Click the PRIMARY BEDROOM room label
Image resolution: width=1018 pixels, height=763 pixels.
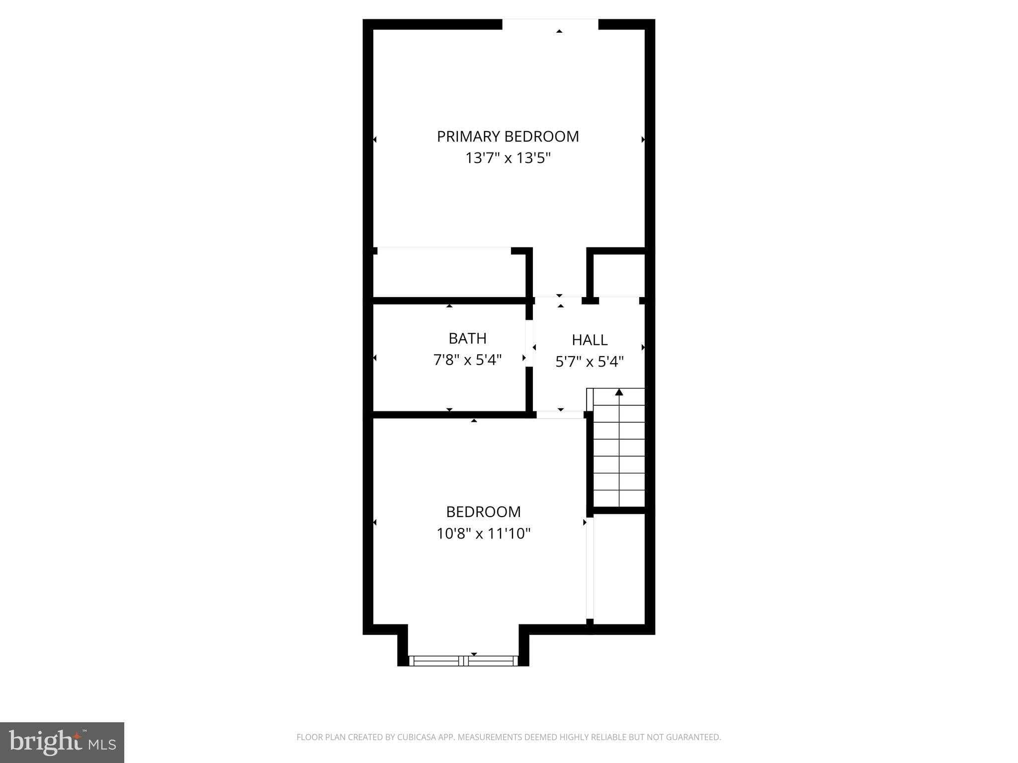[508, 136]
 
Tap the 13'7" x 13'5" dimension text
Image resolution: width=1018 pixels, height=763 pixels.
[508, 158]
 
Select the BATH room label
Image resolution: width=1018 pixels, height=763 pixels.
[467, 338]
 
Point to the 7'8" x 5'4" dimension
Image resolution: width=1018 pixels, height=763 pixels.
[467, 360]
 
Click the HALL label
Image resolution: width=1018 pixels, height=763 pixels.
[590, 340]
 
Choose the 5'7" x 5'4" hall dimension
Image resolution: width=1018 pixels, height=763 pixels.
[590, 362]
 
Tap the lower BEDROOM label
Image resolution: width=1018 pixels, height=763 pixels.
[483, 512]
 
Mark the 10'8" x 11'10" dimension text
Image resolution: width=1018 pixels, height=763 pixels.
[483, 534]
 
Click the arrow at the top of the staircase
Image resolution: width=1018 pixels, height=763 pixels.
[619, 392]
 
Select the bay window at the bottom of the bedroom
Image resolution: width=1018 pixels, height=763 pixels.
[463, 661]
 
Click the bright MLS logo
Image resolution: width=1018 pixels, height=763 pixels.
[62, 742]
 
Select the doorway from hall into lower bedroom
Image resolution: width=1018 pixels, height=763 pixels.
[560, 415]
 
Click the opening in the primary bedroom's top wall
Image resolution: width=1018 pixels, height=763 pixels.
[550, 24]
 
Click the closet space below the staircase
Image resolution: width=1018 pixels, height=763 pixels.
[619, 569]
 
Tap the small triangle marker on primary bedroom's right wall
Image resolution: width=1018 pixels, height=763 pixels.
[643, 140]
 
